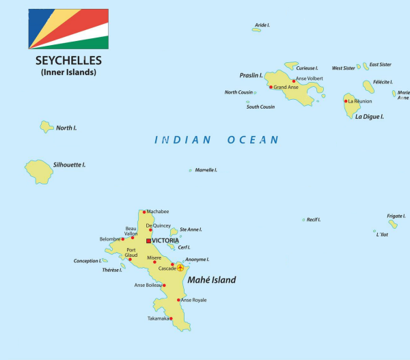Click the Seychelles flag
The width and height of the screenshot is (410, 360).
click(68, 29)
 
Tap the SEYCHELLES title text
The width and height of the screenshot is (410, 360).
click(68, 60)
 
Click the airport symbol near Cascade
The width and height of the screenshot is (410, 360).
click(180, 268)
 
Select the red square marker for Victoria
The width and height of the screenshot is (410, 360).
click(148, 240)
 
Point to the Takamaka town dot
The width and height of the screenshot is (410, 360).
click(171, 318)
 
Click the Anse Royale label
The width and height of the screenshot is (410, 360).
click(193, 300)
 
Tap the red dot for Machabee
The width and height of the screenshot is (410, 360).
click(144, 212)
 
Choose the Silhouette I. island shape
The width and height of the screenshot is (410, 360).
click(39, 171)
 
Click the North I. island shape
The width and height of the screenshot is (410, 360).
click(46, 126)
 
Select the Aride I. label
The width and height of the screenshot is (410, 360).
click(262, 25)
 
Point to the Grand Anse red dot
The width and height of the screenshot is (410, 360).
click(271, 87)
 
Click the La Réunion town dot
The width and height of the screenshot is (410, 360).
click(346, 101)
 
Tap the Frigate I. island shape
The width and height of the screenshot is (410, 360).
click(393, 223)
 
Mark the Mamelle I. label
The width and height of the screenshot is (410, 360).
click(206, 170)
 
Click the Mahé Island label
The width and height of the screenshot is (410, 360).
click(212, 280)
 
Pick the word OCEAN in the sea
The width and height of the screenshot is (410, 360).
click(253, 139)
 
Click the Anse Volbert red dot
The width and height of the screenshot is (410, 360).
click(294, 81)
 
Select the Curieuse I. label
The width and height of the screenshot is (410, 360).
click(307, 68)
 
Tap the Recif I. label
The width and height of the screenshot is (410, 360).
click(314, 219)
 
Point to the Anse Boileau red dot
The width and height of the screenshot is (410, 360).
click(164, 286)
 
